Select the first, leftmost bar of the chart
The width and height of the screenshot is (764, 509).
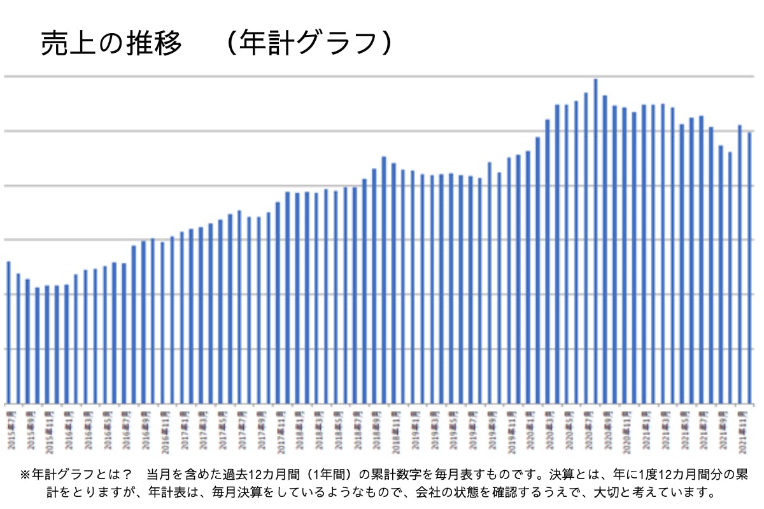[8, 331]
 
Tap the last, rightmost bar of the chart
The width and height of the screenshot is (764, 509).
[749, 267]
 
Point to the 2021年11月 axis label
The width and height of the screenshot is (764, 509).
[740, 436]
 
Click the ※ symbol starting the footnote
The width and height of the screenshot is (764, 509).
[26, 475]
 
